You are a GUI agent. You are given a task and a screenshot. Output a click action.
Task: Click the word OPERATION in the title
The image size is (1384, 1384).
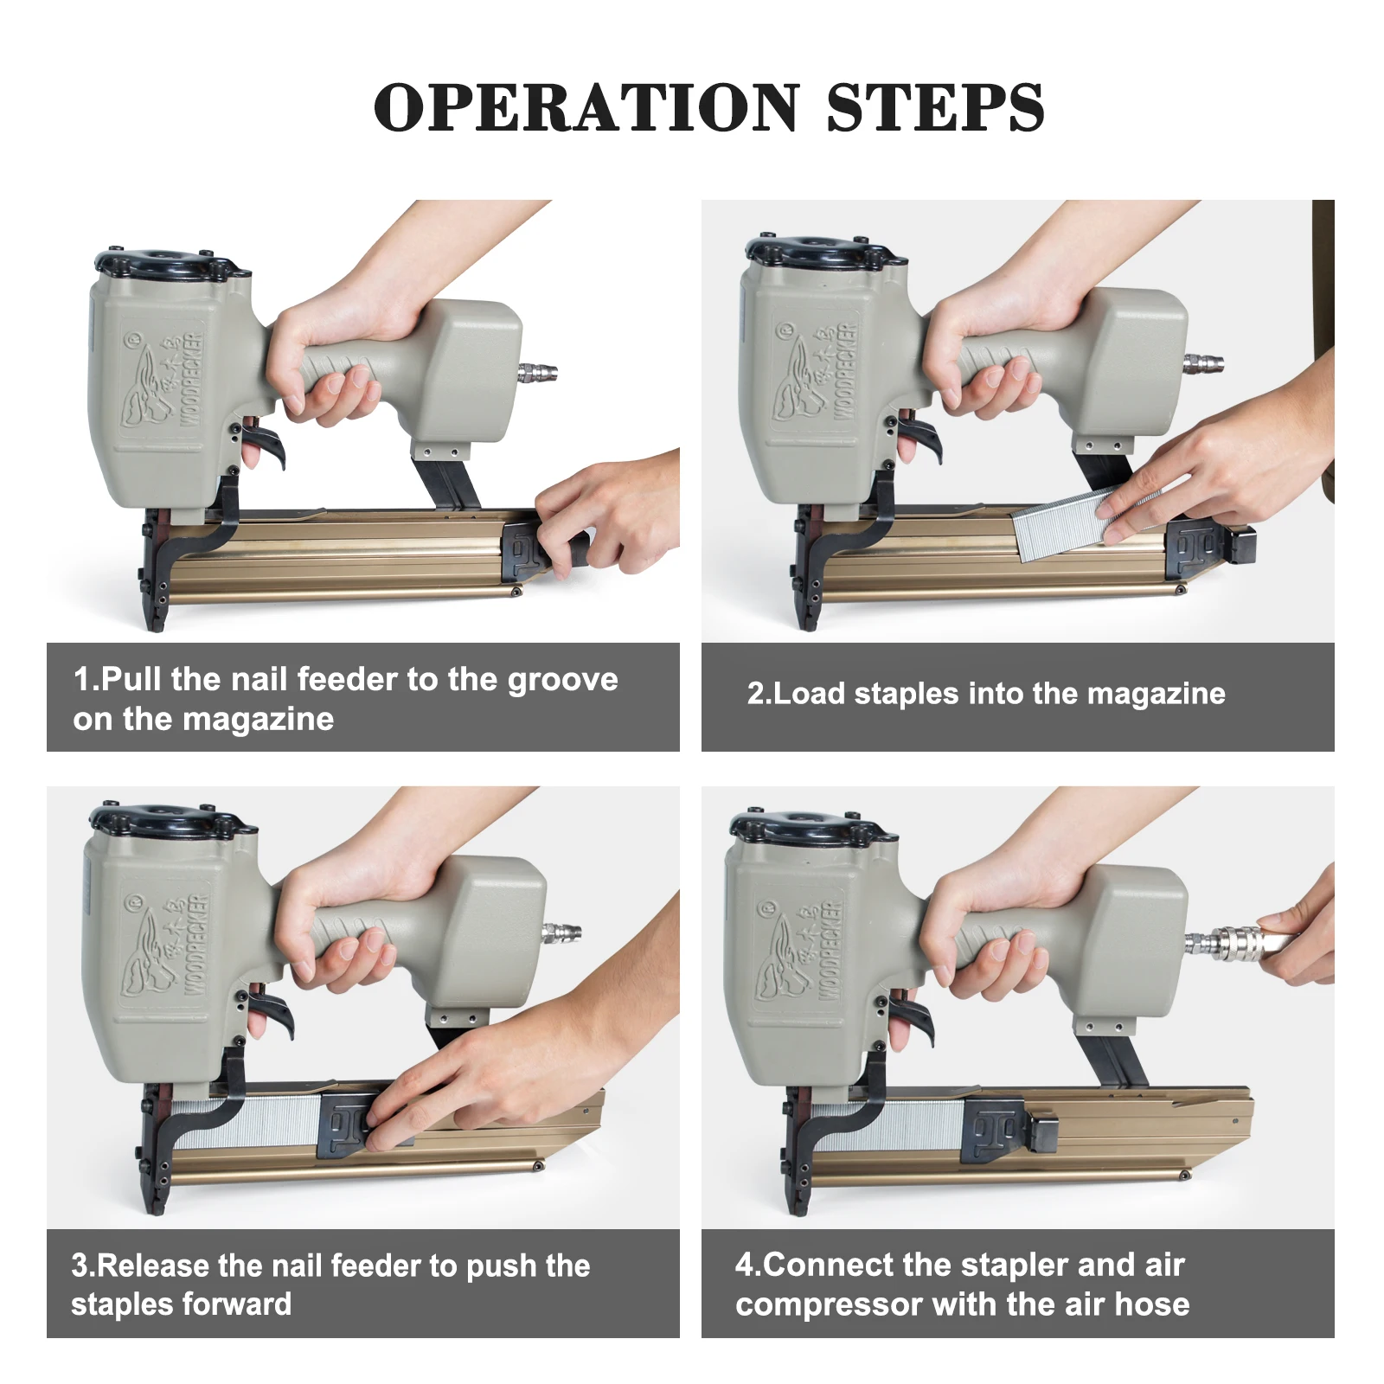coord(586,108)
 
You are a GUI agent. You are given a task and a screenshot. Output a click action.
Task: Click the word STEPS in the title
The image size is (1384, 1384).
coord(936,108)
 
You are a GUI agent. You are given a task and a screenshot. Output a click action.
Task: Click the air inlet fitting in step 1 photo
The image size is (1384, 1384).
coord(538,373)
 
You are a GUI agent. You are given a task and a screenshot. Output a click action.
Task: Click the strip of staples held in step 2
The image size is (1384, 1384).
coord(1086,522)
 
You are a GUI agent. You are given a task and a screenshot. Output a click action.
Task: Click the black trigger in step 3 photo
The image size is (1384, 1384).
coord(272,1010)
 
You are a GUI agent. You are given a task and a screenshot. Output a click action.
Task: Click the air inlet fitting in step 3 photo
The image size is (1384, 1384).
coord(561,933)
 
